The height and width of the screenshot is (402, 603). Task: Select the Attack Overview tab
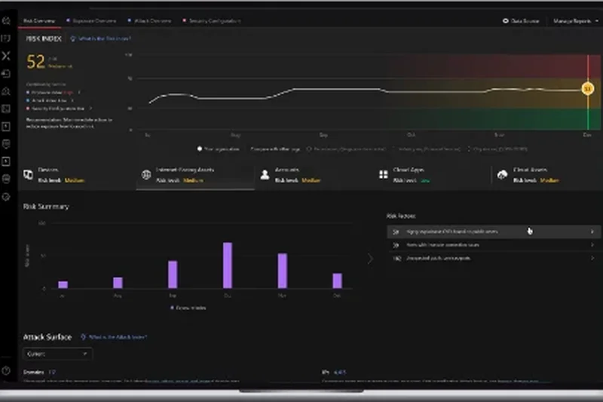click(x=153, y=21)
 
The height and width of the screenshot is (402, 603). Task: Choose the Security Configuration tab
click(x=213, y=21)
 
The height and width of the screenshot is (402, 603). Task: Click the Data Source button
click(x=522, y=21)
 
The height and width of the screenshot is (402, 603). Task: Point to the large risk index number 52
click(x=36, y=62)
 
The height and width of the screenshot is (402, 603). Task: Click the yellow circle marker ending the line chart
click(x=587, y=89)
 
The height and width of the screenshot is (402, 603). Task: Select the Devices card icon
click(x=28, y=175)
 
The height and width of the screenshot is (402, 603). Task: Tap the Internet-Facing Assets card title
click(x=185, y=170)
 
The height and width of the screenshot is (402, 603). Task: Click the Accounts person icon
click(x=265, y=175)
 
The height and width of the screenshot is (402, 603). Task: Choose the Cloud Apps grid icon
click(x=383, y=175)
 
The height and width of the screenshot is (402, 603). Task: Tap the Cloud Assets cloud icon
click(x=502, y=175)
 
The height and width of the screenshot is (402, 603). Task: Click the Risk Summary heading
click(x=46, y=207)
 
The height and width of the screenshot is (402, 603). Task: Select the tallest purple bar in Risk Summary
click(x=227, y=265)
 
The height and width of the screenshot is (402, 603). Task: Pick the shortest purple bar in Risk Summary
click(x=63, y=284)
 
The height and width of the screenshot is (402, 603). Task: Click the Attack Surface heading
click(x=47, y=337)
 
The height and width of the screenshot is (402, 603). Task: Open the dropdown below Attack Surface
click(x=58, y=353)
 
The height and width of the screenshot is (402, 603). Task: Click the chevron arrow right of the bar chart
click(x=369, y=259)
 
